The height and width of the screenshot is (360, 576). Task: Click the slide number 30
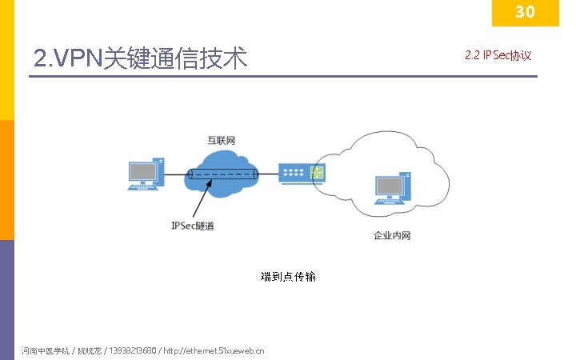coord(524,11)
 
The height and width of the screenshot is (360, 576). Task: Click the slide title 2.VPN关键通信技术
coord(141,58)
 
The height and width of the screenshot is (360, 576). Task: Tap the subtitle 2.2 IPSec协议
coord(498,56)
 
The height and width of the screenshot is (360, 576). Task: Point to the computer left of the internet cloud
coord(146,175)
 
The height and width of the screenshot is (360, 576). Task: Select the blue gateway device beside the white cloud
coord(302,174)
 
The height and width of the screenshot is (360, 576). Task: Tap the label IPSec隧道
coord(193,226)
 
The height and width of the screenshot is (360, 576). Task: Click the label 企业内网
coord(392,236)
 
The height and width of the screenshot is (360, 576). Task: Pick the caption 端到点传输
coord(288,277)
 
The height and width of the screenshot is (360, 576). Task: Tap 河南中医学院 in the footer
coord(46,350)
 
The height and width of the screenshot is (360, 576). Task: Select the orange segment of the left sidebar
coord(6,179)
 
